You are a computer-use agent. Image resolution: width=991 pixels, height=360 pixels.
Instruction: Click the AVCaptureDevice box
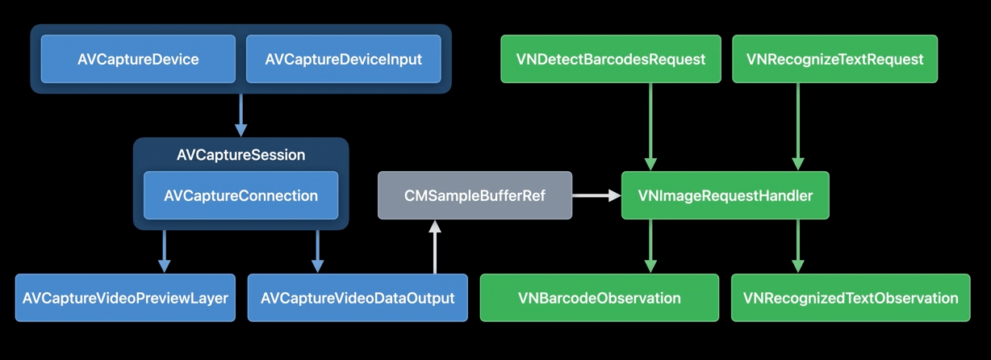(138, 59)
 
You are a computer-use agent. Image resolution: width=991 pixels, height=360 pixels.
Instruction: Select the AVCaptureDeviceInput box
(343, 59)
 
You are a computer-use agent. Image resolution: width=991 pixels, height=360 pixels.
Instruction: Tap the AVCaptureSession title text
(240, 155)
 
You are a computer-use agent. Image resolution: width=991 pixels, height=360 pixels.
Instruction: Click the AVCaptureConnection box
(240, 195)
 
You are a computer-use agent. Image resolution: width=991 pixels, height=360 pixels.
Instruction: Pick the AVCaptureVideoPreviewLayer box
(125, 298)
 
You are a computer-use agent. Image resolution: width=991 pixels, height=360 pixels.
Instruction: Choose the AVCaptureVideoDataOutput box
(358, 298)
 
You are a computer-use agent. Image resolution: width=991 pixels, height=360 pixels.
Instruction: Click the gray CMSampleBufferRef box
(475, 195)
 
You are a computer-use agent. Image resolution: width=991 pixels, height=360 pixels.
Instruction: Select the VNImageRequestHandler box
(725, 195)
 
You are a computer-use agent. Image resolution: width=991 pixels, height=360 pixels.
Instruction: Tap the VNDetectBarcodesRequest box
(611, 59)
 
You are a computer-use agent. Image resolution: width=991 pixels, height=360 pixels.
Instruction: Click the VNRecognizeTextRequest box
(834, 59)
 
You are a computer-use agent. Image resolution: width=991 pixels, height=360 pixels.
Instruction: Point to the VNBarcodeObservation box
(599, 298)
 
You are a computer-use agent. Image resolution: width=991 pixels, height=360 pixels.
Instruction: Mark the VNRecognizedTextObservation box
(850, 298)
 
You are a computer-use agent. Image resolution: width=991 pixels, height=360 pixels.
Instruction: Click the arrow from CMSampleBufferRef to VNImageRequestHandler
(596, 195)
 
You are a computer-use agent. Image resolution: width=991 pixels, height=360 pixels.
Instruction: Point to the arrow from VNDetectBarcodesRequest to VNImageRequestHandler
(651, 126)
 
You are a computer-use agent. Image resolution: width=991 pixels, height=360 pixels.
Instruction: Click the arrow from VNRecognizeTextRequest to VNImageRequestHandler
(798, 126)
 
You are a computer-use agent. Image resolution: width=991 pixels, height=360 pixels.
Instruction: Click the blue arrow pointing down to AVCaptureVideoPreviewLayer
(165, 251)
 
